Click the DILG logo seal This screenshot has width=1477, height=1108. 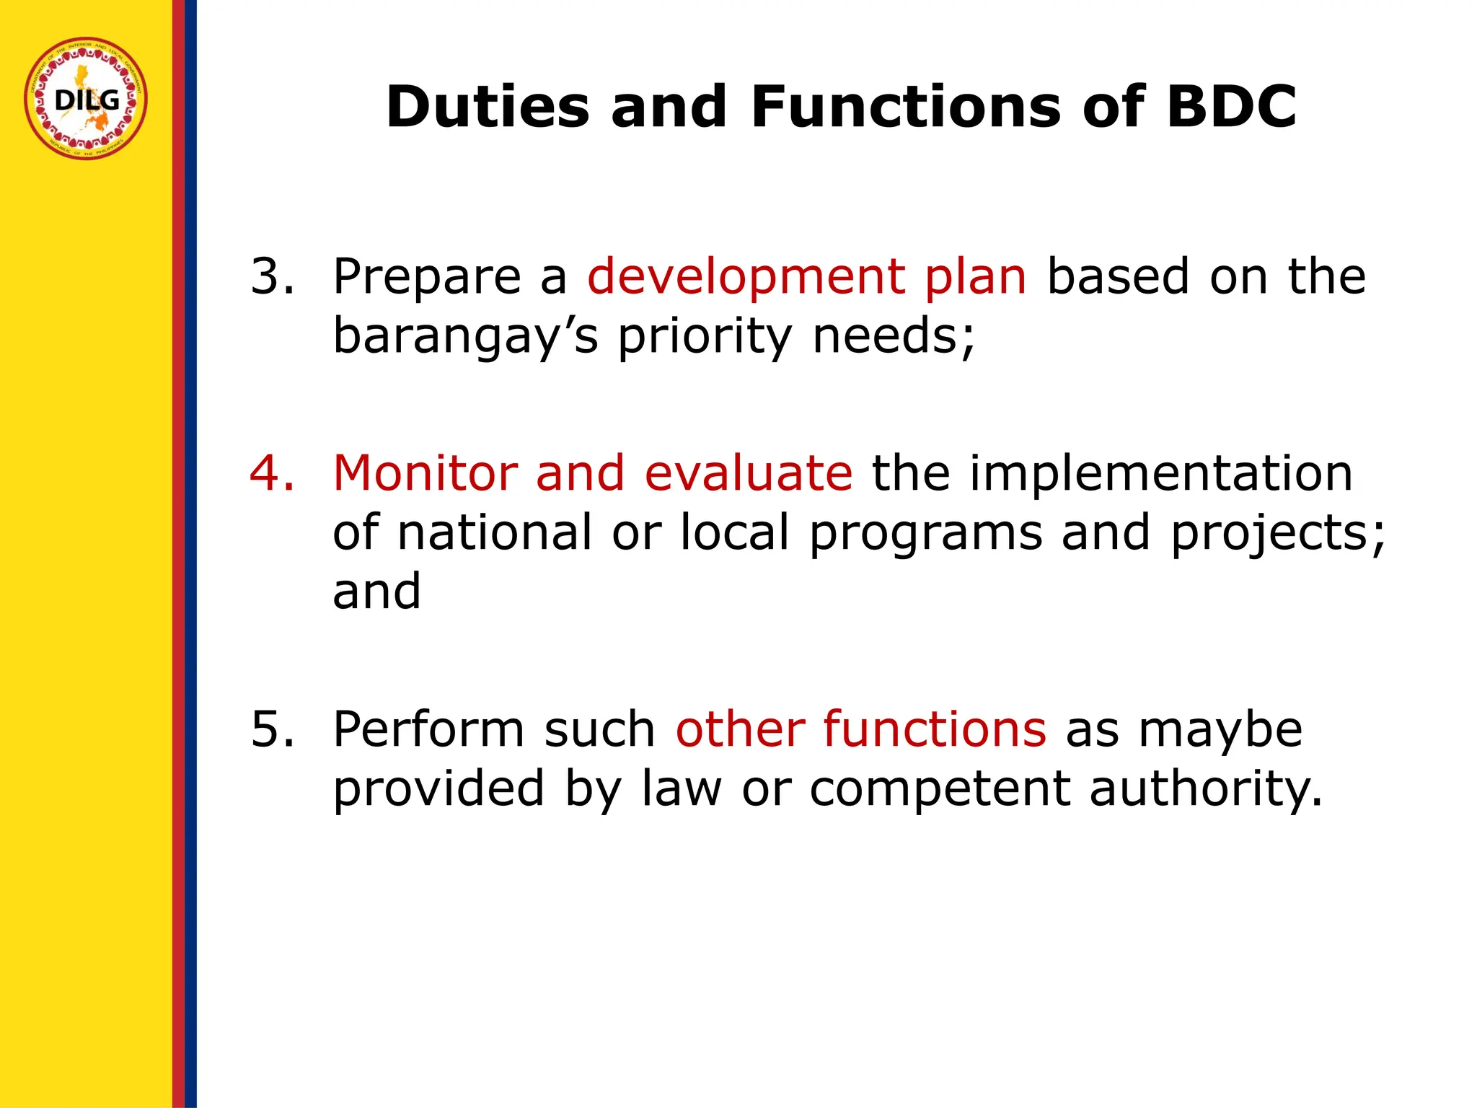(x=86, y=99)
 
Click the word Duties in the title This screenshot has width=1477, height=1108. (x=487, y=107)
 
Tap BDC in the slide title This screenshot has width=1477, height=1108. (x=1232, y=107)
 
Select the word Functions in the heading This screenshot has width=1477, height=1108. (x=905, y=107)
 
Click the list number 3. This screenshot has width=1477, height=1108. (x=271, y=276)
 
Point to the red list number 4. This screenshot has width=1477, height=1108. (x=271, y=474)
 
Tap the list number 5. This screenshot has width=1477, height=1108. (x=271, y=729)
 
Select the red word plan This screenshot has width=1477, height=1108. (x=975, y=278)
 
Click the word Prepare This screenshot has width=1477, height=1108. (x=427, y=278)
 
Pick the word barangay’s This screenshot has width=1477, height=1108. (x=465, y=338)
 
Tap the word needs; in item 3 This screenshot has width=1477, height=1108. (x=894, y=336)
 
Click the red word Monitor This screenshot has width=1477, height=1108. (x=425, y=474)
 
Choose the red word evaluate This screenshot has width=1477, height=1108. (x=748, y=474)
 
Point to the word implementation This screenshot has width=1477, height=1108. (x=1160, y=474)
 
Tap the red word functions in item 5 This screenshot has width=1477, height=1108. (x=934, y=729)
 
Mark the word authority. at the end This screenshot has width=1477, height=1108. (x=1206, y=789)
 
